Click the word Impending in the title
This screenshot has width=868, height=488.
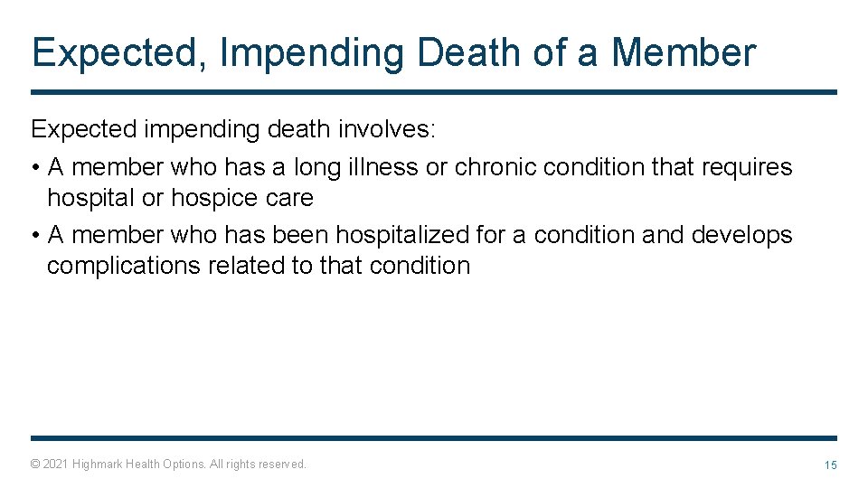click(x=312, y=53)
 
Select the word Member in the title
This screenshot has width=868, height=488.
click(x=683, y=52)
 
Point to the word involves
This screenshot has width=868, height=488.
click(x=386, y=129)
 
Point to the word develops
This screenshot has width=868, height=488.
click(x=741, y=235)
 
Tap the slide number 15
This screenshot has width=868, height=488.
click(x=830, y=465)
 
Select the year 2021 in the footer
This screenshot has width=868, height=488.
click(x=54, y=464)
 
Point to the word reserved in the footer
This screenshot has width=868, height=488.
click(x=282, y=464)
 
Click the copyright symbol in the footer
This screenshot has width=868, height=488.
click(x=34, y=464)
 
